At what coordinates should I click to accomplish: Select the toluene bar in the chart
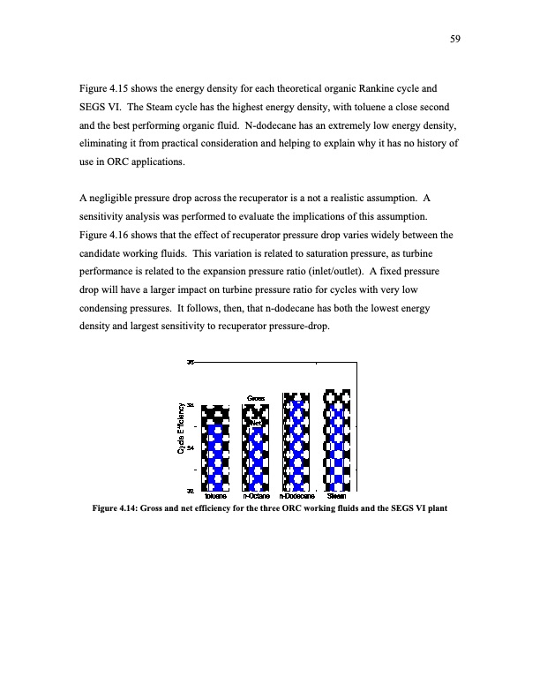coord(215,447)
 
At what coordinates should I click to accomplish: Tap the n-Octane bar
coord(256,447)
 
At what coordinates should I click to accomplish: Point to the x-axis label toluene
coord(215,496)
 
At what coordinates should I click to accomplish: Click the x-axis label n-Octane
coord(256,496)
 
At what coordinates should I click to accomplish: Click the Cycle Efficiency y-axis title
coord(181,429)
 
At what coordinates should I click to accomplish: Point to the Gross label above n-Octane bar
coord(256,398)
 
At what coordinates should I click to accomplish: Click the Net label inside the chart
coord(256,423)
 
